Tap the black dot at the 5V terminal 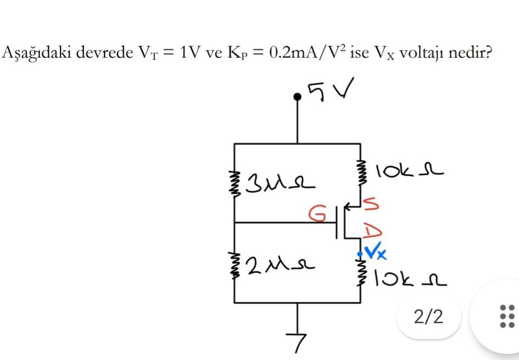tap(298, 97)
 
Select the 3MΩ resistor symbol tap(235, 183)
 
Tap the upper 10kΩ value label tap(409, 171)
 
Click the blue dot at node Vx tap(360, 253)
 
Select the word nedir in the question tap(468, 53)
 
